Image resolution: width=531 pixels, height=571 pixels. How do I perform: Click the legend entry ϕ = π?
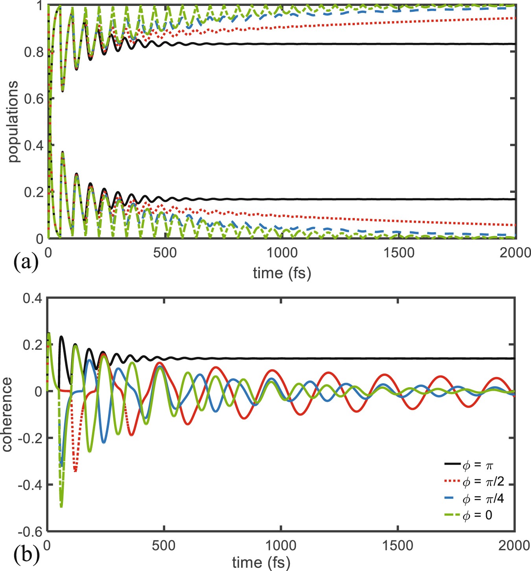click(477, 466)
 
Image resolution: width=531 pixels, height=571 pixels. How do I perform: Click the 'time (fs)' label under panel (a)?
click(282, 272)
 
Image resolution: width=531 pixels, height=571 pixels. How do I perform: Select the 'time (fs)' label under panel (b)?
click(261, 562)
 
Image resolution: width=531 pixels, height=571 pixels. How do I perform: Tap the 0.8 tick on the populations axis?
click(33, 52)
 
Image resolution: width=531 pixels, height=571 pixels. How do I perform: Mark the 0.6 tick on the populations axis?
click(33, 98)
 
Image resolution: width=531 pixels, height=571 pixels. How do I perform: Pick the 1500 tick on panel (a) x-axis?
click(399, 253)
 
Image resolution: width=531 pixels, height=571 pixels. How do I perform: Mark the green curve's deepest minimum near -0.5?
click(61, 506)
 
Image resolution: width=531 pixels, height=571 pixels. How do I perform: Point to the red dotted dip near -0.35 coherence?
click(75, 471)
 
